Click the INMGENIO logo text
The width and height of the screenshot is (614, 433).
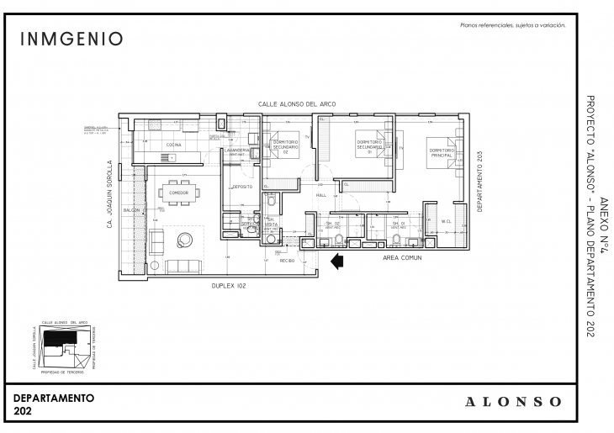coord(71,39)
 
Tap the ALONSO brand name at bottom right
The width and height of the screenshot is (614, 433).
coord(513,401)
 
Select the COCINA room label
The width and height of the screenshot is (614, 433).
coord(173,145)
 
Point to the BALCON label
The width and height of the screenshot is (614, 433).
coord(131,209)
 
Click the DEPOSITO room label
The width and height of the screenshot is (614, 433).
coord(243,186)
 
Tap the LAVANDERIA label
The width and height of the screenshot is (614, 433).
coord(237,150)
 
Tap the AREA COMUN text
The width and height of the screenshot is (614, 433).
coord(401,256)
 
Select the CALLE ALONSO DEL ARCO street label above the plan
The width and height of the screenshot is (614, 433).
coord(296,103)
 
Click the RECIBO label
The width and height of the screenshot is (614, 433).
coord(286,260)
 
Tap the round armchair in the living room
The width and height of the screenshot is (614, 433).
coord(183,241)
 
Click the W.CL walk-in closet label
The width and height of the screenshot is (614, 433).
coord(446,221)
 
